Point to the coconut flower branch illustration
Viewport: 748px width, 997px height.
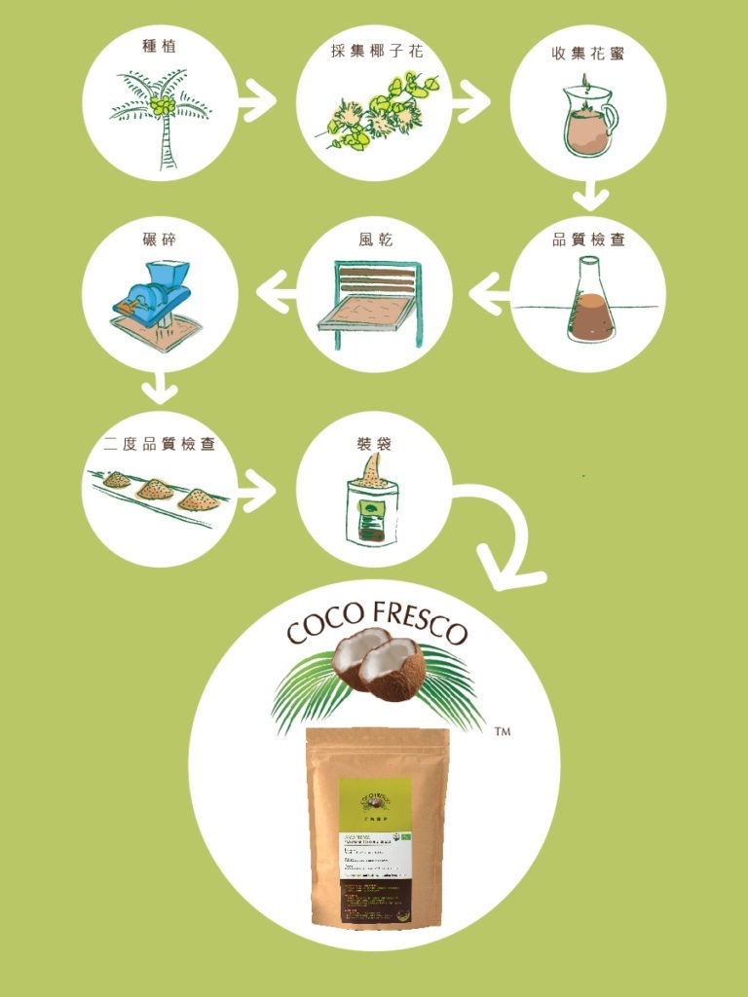click(380, 112)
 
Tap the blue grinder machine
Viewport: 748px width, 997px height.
click(156, 293)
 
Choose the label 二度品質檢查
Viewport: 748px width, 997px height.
click(160, 444)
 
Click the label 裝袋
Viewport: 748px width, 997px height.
click(374, 444)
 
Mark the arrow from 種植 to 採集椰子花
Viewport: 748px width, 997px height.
click(258, 101)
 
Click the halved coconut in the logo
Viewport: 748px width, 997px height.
click(378, 662)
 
